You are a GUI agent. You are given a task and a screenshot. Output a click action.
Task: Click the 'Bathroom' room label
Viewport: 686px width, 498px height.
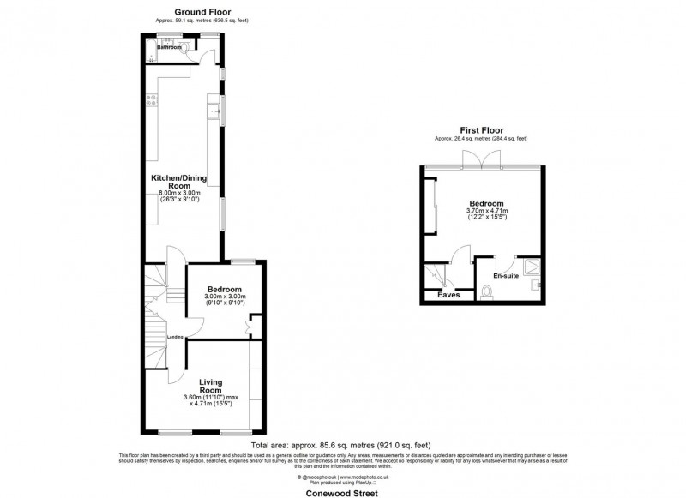pyautogui.click(x=169, y=48)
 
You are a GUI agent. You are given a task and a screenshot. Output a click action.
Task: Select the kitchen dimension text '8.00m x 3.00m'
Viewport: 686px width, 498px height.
pyautogui.click(x=180, y=193)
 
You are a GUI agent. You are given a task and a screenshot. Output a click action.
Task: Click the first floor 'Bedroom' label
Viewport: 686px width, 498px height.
pyautogui.click(x=486, y=203)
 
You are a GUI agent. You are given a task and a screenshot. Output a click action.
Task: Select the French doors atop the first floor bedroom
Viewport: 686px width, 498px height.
pyautogui.click(x=472, y=159)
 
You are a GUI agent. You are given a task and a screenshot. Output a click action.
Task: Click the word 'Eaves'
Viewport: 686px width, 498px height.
pyautogui.click(x=449, y=295)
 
